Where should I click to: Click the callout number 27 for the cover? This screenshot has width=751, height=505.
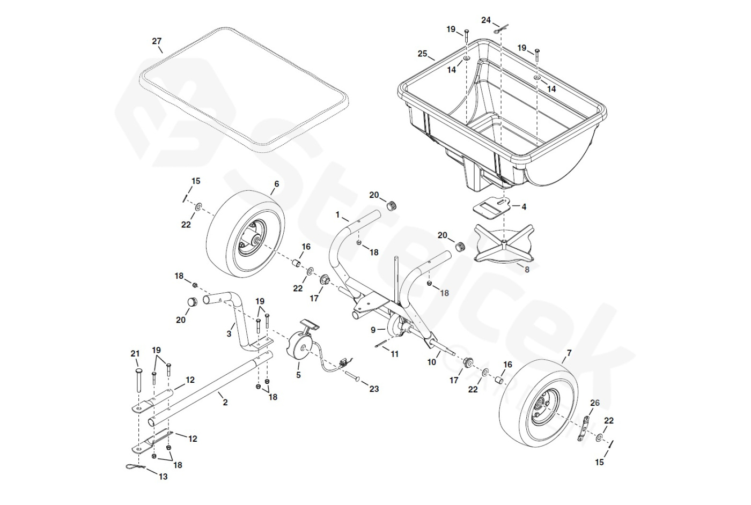(157, 41)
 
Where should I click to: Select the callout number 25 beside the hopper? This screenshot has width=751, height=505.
(423, 54)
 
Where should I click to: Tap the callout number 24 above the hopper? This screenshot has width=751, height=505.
(486, 20)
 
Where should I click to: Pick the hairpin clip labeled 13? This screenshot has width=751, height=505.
(134, 468)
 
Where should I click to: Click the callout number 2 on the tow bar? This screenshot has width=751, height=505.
(225, 402)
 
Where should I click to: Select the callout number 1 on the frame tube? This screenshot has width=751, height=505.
(338, 214)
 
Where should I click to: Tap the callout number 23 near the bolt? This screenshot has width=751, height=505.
(374, 389)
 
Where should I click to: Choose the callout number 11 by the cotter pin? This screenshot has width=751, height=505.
(394, 354)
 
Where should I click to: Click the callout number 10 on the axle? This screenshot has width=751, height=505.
(432, 362)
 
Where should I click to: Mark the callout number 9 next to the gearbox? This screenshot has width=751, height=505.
(374, 330)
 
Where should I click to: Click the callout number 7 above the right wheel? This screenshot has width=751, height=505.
(569, 353)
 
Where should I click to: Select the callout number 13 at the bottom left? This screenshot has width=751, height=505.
(164, 476)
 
